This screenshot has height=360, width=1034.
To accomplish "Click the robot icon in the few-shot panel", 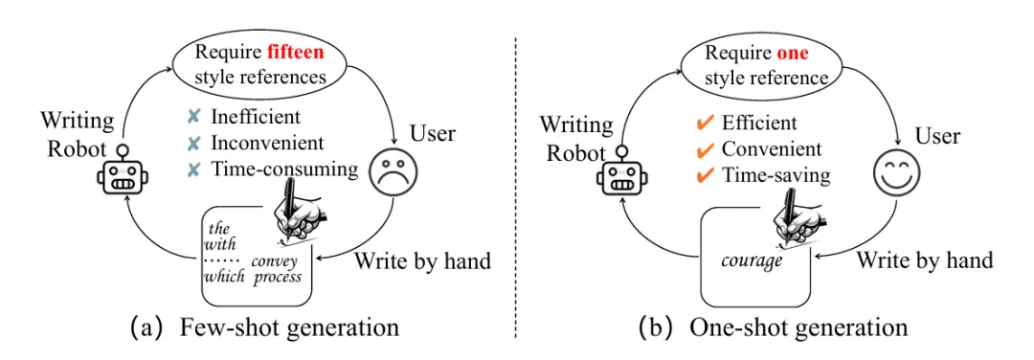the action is tap(123, 170).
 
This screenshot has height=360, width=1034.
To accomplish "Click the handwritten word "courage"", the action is tap(752, 259).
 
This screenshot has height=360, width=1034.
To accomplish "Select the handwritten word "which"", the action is tap(223, 276).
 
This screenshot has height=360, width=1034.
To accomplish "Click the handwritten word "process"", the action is tap(278, 277).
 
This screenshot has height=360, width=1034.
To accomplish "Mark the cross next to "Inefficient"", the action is tap(193, 117).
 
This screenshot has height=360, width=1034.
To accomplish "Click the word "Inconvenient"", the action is tap(267, 143).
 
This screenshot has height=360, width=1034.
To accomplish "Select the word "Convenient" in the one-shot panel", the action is tap(772, 149).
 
